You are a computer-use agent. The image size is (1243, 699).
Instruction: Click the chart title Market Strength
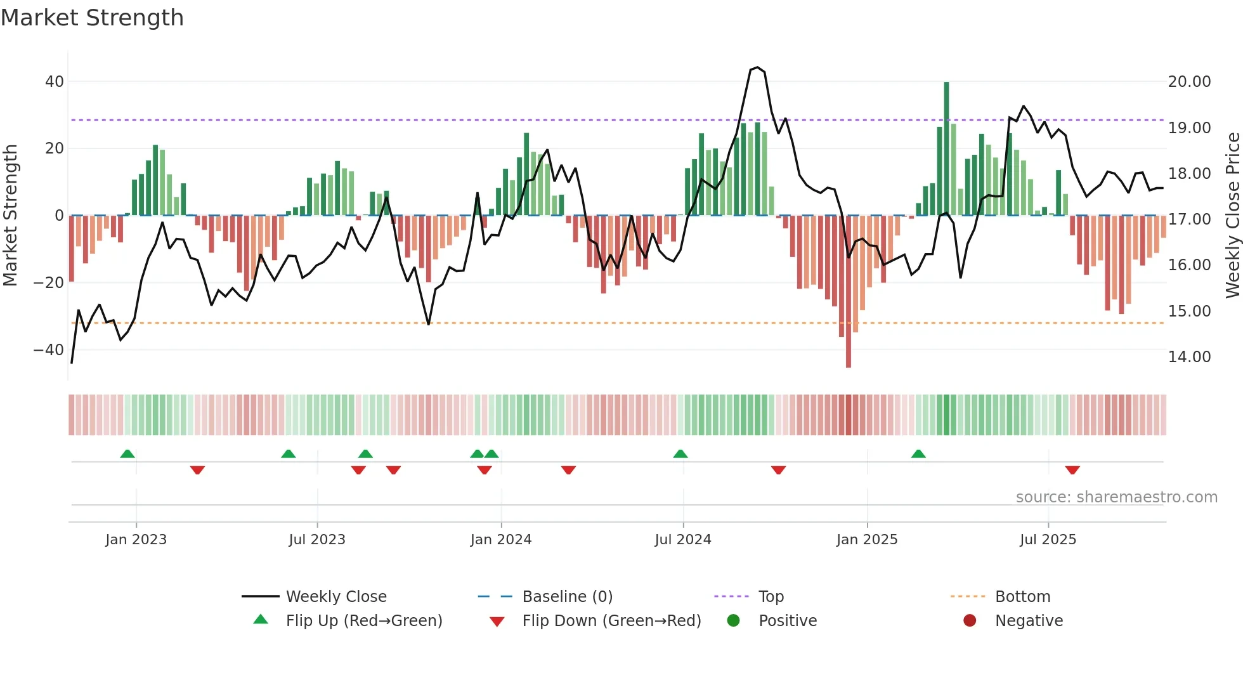[92, 18]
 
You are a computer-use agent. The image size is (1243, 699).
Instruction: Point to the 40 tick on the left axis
[54, 82]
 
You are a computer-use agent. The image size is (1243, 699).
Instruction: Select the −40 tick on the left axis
[48, 350]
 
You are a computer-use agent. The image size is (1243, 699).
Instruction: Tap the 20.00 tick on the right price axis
[1189, 82]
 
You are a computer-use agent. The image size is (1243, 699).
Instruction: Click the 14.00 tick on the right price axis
[1189, 357]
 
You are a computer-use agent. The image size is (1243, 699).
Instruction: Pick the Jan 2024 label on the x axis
[500, 540]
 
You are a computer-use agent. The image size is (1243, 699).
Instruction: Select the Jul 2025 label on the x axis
[1048, 540]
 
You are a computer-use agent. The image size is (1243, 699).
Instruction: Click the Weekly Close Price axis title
[1232, 216]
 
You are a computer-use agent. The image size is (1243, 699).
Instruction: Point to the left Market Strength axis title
[10, 216]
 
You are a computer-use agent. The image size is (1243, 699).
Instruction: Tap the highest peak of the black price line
[757, 67]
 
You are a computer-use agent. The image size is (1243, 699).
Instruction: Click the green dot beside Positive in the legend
[734, 621]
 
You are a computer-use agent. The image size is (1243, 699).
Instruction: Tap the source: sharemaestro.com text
[1116, 497]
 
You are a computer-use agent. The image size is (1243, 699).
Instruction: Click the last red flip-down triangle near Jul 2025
[1072, 470]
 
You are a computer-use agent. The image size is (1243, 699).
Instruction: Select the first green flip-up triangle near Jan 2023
[127, 454]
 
